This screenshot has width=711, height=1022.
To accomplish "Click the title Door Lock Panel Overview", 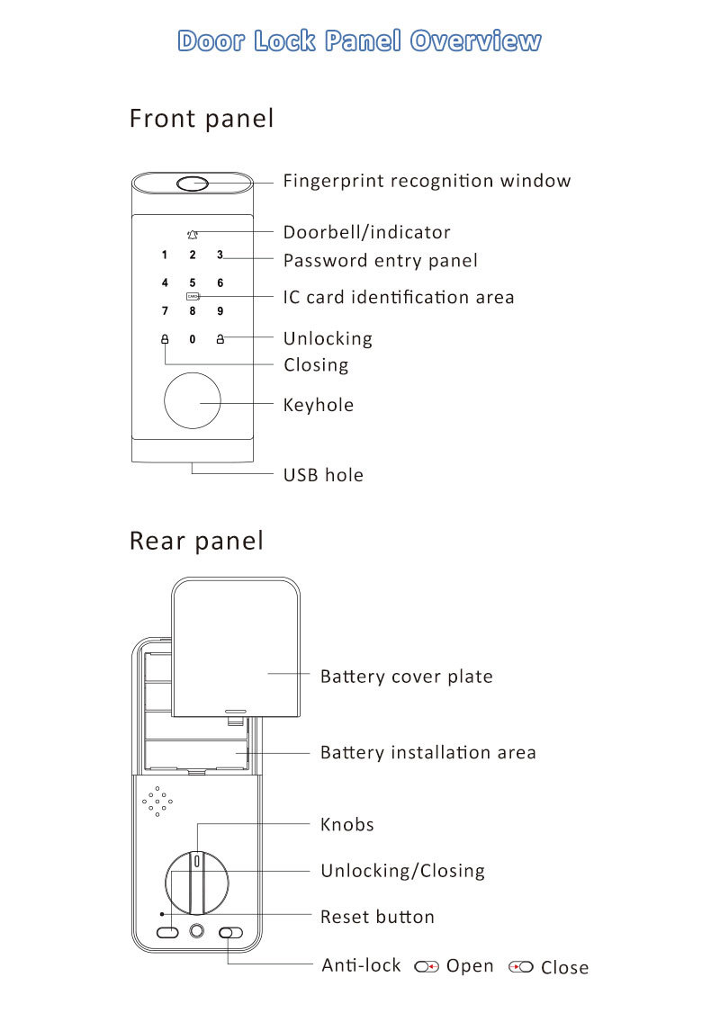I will click(x=359, y=41).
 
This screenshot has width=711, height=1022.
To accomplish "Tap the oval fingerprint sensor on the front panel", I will click(x=193, y=184).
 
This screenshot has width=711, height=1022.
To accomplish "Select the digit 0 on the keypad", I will click(x=192, y=340).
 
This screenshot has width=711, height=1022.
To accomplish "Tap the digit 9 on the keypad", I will click(x=220, y=312).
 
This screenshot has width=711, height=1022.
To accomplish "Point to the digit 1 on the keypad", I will click(x=164, y=255).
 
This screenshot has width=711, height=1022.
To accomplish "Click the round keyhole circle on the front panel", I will click(x=192, y=401).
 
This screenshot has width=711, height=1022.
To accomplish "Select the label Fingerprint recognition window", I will click(x=427, y=181).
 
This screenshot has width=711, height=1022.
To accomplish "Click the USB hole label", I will click(x=323, y=475).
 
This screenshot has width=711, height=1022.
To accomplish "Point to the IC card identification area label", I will click(x=399, y=297).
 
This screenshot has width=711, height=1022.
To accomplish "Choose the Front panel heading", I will click(x=202, y=119).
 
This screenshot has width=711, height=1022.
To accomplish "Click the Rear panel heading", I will click(x=197, y=541).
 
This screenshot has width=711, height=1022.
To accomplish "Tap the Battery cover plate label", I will click(x=406, y=677).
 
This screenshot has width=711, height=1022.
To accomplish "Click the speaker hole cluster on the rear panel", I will click(x=157, y=801).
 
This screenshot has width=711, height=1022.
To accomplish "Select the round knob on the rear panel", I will click(x=197, y=881).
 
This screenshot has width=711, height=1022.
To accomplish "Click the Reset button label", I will click(x=377, y=917).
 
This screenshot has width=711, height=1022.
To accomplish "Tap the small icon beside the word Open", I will click(x=426, y=967).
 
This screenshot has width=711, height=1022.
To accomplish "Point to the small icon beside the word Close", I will click(x=521, y=967).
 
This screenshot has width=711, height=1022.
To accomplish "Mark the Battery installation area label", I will click(x=427, y=752).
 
